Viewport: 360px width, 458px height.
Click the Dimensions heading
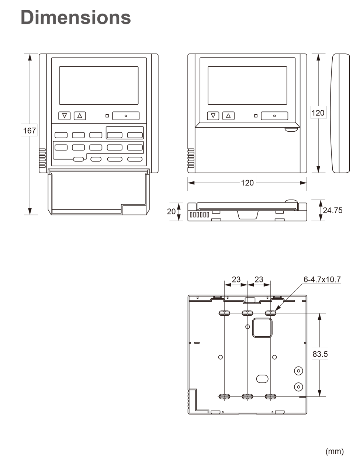click(76, 17)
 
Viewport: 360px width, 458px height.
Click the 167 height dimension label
click(29, 131)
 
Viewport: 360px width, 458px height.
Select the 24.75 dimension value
click(333, 210)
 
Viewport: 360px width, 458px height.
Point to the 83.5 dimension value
click(320, 354)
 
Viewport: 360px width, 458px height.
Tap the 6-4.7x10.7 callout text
click(322, 280)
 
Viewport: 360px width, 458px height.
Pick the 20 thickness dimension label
click(171, 211)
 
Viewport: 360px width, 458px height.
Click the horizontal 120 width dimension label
click(247, 183)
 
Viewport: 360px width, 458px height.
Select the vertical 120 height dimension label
click(318, 113)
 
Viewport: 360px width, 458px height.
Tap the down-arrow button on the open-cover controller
click(65, 116)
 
